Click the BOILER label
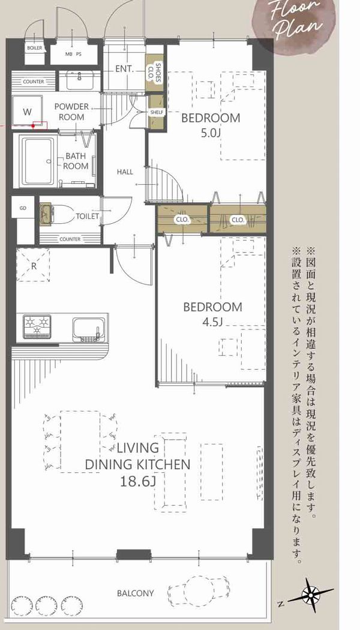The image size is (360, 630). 35,48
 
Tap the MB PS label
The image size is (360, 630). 73,54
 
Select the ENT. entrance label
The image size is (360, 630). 124,69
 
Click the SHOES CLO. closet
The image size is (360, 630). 155,73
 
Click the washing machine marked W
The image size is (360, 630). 27,111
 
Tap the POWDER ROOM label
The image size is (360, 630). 71,112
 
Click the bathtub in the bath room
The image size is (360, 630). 38,161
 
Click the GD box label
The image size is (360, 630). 23,208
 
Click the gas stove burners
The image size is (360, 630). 37,326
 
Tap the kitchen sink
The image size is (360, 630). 89,329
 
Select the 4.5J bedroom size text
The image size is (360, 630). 213,322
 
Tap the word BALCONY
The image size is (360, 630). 136,593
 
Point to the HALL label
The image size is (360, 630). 125,172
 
